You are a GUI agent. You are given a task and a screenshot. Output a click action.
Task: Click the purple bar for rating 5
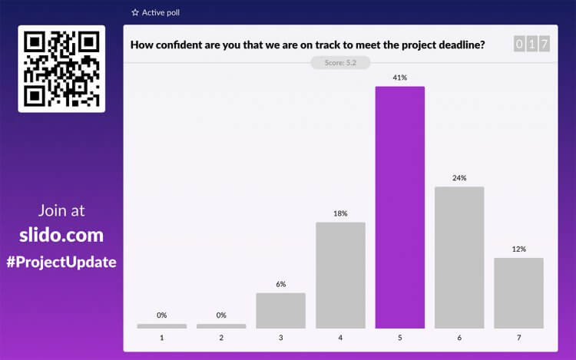point(399,207)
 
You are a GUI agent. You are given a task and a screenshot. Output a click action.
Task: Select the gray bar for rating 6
point(459,257)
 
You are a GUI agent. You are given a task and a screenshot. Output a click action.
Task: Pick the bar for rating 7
point(518,292)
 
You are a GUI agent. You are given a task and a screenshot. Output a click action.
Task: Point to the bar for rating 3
point(280,310)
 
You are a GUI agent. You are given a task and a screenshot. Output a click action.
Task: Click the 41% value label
point(400,78)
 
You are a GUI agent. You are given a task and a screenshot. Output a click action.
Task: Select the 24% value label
point(459,178)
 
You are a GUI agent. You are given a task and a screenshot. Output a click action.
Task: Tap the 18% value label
point(340,213)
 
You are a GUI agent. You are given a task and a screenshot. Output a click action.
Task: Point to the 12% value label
point(518,249)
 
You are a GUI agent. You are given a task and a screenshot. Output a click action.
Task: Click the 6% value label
point(280,284)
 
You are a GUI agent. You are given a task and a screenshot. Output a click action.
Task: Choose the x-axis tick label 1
point(162,337)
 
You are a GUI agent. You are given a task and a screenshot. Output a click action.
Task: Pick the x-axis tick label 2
point(221,337)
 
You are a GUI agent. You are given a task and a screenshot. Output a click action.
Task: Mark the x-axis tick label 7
point(518,337)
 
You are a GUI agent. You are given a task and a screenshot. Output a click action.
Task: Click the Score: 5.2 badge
point(340,63)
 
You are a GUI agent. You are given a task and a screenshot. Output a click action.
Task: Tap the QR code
point(61,69)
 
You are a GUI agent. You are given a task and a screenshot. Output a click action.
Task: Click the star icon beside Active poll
point(135,13)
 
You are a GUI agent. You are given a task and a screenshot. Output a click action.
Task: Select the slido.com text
point(61,235)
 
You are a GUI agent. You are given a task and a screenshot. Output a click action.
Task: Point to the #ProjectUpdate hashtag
point(61,262)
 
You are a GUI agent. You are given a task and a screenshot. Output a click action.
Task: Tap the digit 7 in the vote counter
point(545,45)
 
